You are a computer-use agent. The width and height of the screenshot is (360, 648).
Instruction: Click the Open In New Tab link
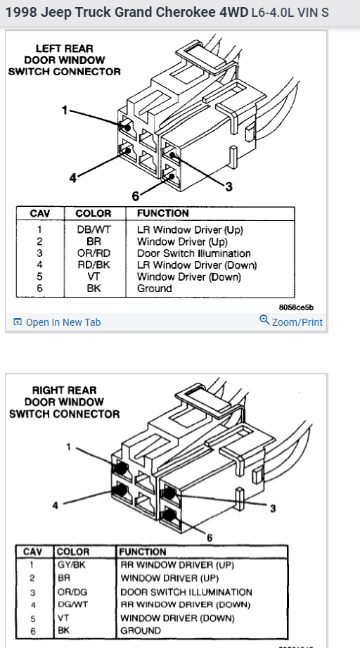coord(57,322)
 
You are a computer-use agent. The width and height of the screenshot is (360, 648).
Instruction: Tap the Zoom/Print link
coord(291,322)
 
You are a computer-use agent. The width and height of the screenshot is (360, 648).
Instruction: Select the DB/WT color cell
coord(94,230)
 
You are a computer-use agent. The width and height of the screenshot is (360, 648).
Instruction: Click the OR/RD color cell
coord(94,253)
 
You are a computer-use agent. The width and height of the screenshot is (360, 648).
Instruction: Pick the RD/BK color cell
coord(94,265)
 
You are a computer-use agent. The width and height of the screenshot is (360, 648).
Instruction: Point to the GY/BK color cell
coord(72,564)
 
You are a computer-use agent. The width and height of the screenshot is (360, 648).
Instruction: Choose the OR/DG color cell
coord(72,592)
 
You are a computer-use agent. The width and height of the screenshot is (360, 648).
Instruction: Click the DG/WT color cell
coord(72,604)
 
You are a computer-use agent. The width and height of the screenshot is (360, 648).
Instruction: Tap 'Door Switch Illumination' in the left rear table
coord(194,253)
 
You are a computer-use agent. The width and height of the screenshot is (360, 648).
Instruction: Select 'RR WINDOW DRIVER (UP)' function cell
coord(177,565)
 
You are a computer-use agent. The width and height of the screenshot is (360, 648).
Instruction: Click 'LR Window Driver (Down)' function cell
coord(197,265)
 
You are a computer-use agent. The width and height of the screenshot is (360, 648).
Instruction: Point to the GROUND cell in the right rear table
coord(141,631)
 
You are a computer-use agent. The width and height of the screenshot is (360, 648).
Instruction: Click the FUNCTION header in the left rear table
coord(163,213)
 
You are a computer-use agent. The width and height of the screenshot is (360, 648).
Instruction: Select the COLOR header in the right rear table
coord(72,552)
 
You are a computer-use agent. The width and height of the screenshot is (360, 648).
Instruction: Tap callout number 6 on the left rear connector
coord(136,196)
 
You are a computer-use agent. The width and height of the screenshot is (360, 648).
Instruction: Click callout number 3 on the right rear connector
coord(273,508)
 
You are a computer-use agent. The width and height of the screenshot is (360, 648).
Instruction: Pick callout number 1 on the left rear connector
coord(65,110)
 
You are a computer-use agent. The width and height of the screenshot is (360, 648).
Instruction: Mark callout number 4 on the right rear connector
coord(56,506)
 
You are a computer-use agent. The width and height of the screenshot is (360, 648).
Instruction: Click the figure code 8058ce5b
coord(297,307)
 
